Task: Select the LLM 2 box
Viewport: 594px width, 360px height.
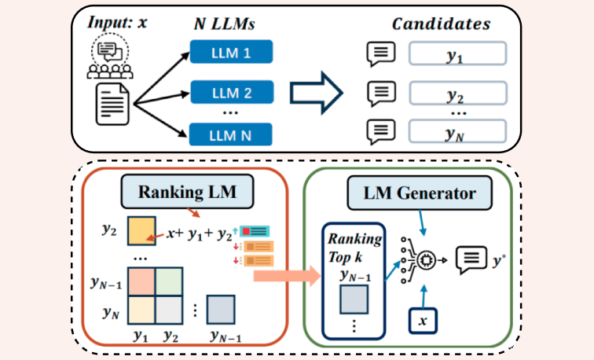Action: (231, 93)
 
